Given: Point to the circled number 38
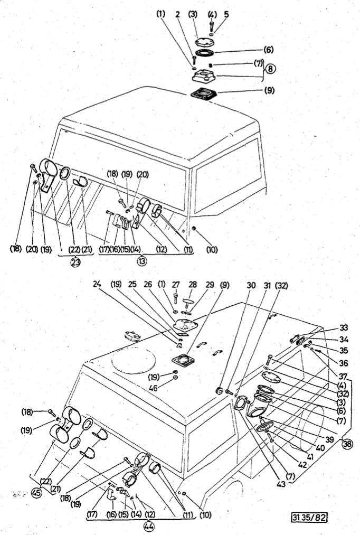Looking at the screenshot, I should point(347,443).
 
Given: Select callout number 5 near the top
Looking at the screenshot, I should point(226,14).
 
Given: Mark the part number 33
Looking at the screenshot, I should point(344,327).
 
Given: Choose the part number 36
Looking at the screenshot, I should point(344,363).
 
